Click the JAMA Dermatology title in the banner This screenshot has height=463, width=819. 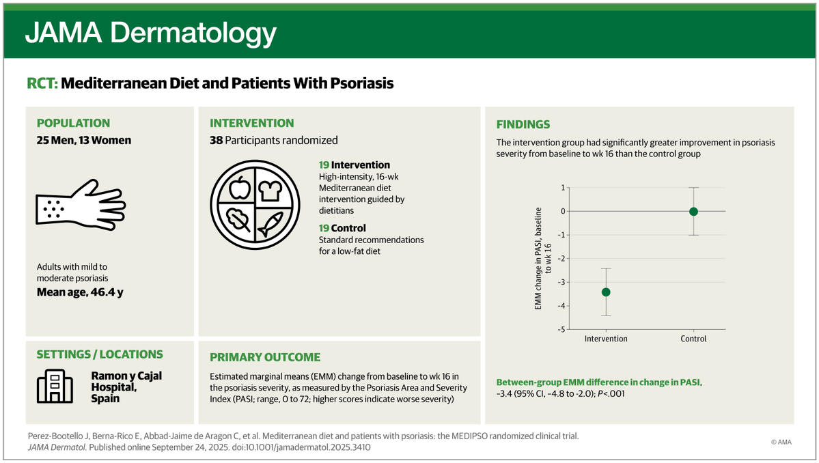(150, 33)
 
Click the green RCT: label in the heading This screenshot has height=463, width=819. (42, 83)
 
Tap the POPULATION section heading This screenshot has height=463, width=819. (73, 123)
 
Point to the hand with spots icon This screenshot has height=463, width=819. (81, 205)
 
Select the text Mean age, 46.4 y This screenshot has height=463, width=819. (80, 292)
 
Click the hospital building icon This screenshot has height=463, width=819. (55, 387)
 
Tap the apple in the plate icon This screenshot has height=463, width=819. (239, 188)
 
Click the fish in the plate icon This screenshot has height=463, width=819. (270, 224)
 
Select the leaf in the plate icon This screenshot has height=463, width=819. (238, 220)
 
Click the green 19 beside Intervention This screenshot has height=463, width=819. (324, 165)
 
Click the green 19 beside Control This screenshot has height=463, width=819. (324, 228)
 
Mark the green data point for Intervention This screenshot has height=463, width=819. (606, 292)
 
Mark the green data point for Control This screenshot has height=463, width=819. (693, 212)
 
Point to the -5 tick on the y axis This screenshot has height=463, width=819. (561, 329)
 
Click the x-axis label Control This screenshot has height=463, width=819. (693, 339)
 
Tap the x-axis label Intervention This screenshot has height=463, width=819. (606, 339)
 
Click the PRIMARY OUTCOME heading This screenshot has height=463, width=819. (265, 358)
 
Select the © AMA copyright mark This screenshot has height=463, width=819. (781, 442)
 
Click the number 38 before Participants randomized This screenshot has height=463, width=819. (217, 141)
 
